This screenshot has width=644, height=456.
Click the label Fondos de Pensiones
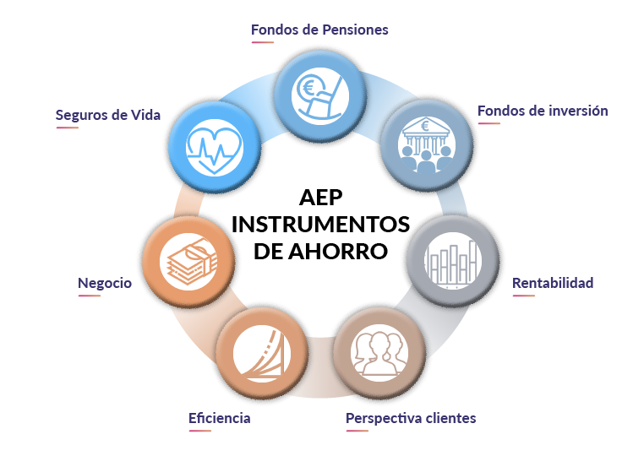click(x=319, y=30)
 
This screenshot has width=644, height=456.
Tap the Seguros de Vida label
click(x=107, y=115)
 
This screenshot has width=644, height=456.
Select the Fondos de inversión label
click(x=543, y=111)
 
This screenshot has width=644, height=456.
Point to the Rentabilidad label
click(x=553, y=283)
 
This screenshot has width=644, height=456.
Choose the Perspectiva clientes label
click(x=411, y=418)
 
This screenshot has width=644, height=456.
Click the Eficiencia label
click(x=219, y=418)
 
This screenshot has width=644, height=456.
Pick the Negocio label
click(x=105, y=284)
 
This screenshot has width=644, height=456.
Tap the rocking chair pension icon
click(x=319, y=93)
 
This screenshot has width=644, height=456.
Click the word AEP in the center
click(x=319, y=197)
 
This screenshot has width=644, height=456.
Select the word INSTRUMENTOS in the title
click(x=319, y=224)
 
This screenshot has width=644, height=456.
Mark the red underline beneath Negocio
click(x=90, y=296)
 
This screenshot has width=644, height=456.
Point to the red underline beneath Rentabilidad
click(x=524, y=295)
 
